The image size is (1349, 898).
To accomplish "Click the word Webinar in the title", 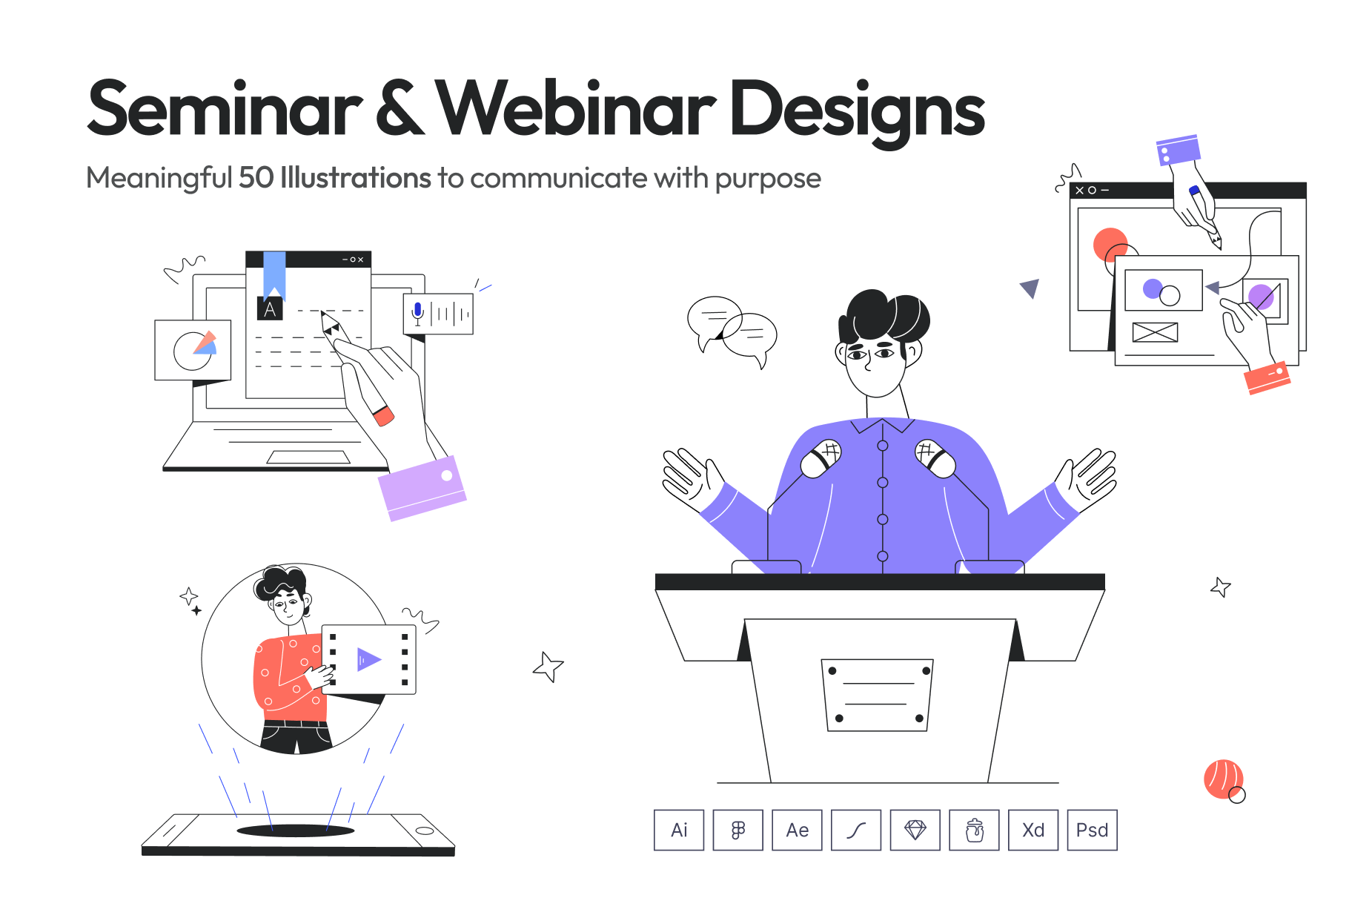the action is (576, 108).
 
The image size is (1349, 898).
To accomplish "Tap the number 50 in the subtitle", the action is (256, 178).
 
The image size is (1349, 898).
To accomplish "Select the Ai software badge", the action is (679, 830).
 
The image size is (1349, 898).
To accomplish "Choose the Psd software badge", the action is (1092, 830).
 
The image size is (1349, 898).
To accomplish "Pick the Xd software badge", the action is (1033, 830).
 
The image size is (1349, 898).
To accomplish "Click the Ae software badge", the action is (797, 830).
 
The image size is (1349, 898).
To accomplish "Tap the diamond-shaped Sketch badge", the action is (915, 830).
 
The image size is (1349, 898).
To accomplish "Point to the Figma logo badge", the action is (738, 830).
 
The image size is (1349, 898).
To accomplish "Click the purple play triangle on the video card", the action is (368, 659).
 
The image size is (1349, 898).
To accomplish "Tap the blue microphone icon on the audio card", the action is (418, 313).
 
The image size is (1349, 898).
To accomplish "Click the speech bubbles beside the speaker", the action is (732, 331).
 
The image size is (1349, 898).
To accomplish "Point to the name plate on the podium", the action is (877, 695).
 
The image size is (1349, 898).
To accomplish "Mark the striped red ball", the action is (1224, 779).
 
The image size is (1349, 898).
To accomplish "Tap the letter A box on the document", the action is (270, 308).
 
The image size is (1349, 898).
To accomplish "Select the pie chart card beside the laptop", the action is (193, 350).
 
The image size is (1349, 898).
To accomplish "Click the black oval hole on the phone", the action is (296, 831).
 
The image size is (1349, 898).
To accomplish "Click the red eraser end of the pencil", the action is (384, 416).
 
